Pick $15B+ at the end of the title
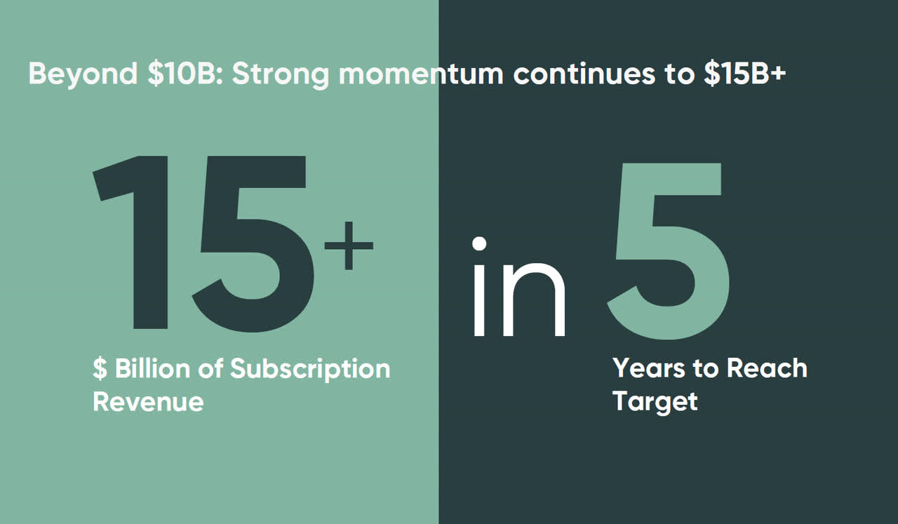pos(745,74)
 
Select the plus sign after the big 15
pos(349,245)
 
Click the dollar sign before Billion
pos(100,369)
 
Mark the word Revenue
pos(148,402)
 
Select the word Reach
pos(766,368)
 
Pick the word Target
pos(655,403)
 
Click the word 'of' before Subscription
pos(210,369)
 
